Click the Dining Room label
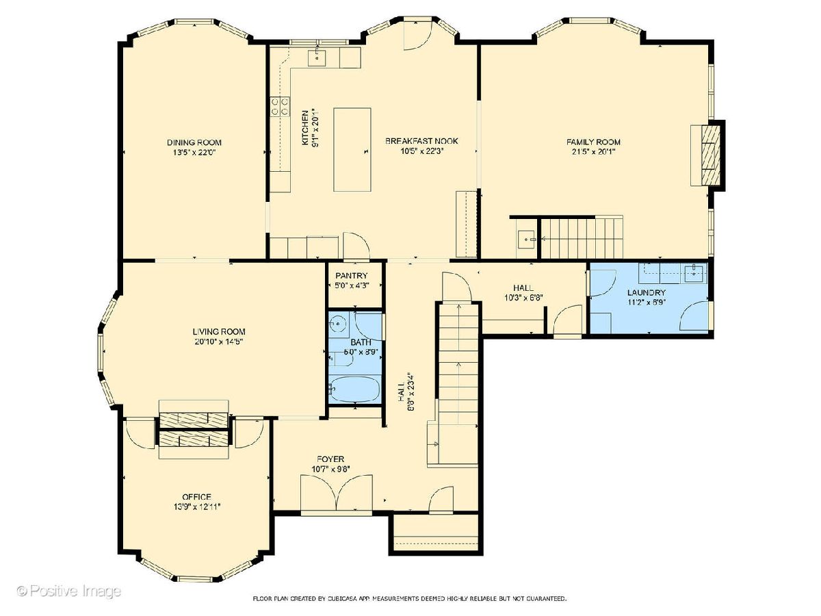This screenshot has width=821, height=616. [x=194, y=142]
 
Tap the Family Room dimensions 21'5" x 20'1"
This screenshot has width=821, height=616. [x=593, y=152]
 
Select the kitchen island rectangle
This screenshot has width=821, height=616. [x=352, y=150]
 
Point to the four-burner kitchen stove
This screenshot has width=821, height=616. [x=280, y=106]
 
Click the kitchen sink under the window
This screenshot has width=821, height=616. [x=317, y=58]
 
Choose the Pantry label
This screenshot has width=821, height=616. [x=351, y=276]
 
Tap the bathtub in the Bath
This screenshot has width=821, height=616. [x=355, y=389]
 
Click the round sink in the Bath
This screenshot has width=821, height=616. [x=339, y=322]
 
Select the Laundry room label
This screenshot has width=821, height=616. [x=647, y=292]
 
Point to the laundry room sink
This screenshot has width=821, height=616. [x=695, y=273]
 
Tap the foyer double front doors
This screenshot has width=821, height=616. [x=337, y=493]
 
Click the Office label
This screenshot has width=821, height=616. [x=197, y=497]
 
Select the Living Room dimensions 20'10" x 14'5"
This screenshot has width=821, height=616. [x=219, y=342]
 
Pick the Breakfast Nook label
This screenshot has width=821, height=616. [x=421, y=141]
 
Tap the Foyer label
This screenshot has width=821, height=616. [x=330, y=459]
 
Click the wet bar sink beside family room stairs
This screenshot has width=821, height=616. [x=527, y=240]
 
